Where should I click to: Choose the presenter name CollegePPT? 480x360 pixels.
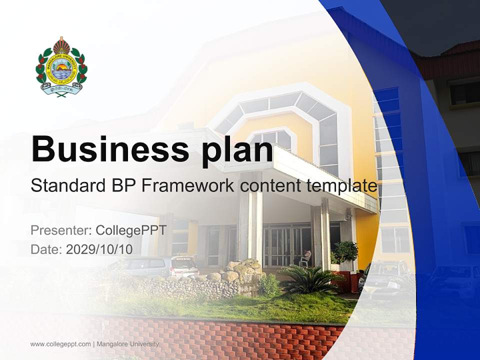pyautogui.click(x=131, y=230)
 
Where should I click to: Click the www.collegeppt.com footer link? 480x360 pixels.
pyautogui.click(x=60, y=344)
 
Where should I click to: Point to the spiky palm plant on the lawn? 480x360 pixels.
pyautogui.click(x=310, y=280)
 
